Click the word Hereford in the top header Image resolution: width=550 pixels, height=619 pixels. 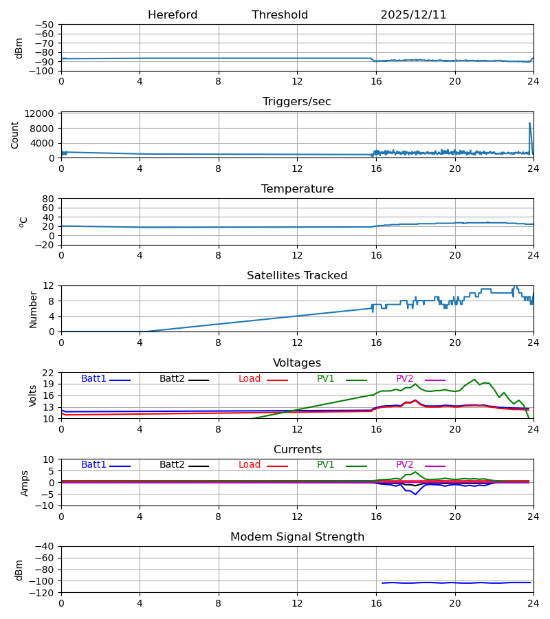173,15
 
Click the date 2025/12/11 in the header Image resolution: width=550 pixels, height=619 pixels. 413,15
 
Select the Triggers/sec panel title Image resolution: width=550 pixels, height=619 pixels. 297,102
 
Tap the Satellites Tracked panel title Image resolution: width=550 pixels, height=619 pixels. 297,276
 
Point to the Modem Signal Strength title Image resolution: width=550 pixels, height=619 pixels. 297,537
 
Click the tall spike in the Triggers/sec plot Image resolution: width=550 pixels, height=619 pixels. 529,124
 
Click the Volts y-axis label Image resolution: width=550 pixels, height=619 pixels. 33,395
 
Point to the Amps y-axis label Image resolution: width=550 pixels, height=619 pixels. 25,483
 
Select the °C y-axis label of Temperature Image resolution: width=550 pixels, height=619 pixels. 23,221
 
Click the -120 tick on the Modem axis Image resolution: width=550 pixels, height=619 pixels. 43,593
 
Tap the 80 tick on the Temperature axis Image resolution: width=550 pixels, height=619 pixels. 48,199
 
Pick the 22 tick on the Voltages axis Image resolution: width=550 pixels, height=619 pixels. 48,373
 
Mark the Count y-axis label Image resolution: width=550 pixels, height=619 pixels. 15,135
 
